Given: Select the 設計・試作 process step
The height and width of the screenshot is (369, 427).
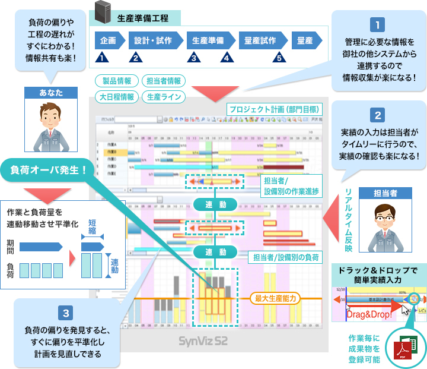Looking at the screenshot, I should point(153,40).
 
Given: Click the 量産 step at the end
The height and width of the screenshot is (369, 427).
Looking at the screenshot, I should point(306,40).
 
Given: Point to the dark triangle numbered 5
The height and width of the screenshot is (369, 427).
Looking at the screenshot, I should point(278,58).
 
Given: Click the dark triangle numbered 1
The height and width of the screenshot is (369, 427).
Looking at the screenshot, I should point(103,58).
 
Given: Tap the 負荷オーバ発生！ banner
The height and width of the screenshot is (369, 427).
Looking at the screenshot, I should point(48,169).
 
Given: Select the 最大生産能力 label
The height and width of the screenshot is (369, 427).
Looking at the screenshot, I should point(275,298).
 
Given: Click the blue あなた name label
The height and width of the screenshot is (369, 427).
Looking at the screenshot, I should point(52,92).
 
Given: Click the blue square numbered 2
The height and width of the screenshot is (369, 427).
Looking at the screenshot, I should point(377,113).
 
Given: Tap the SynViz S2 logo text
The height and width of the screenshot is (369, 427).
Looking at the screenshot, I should point(203,342).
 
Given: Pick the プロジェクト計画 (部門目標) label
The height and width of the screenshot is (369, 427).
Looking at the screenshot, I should point(274,109).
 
